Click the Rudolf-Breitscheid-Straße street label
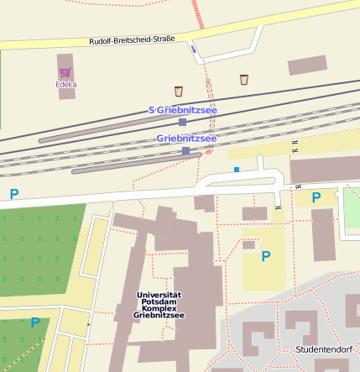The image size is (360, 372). point(131,41)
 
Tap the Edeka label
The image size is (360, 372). point(66,84)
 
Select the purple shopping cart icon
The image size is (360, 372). point(65,72)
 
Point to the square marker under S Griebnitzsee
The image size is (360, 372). point(182,122)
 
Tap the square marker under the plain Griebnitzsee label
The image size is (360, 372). point(185,151)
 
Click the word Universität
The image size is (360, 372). point(159,295)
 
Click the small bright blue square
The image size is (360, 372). point(237,170)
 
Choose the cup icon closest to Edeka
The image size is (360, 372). point(178,91)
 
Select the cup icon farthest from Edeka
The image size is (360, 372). point(244,80)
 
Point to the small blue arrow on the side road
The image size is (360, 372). point(194,50)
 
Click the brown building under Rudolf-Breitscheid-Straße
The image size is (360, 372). point(307,65)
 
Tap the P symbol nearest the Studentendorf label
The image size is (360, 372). point(266,256)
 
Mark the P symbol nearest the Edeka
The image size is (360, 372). point(14,194)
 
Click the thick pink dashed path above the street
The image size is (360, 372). point(197,13)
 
